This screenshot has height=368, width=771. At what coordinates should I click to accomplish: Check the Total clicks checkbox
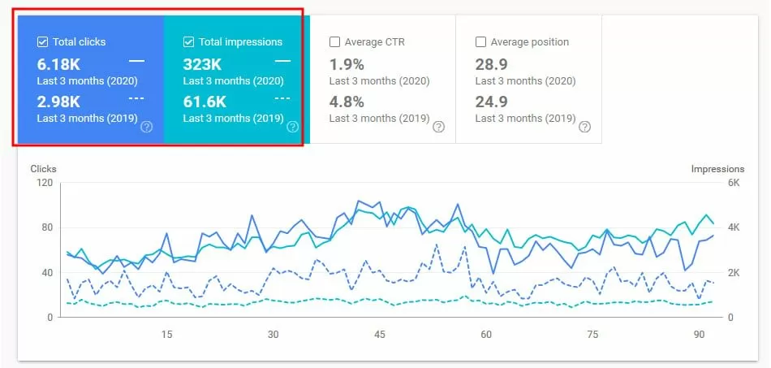point(43,42)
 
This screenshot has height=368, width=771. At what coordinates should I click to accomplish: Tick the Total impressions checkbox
point(189,42)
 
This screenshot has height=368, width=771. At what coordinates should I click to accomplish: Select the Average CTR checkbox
point(334,42)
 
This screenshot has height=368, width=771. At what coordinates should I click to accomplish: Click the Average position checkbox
point(480,42)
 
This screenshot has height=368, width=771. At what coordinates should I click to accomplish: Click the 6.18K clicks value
point(58,63)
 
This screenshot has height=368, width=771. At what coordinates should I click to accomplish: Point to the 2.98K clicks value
point(58,101)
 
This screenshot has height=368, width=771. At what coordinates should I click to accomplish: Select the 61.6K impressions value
point(205,101)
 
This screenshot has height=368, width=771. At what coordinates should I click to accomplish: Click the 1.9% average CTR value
point(347,63)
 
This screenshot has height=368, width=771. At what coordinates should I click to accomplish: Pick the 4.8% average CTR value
point(347,101)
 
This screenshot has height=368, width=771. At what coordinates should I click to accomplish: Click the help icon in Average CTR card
point(438,127)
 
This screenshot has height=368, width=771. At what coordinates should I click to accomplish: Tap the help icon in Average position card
point(584,127)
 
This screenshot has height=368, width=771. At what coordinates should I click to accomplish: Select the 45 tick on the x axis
point(379,334)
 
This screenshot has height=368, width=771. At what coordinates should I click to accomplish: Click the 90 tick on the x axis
point(699,334)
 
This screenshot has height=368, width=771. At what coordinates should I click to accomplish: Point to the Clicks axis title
point(44,169)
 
